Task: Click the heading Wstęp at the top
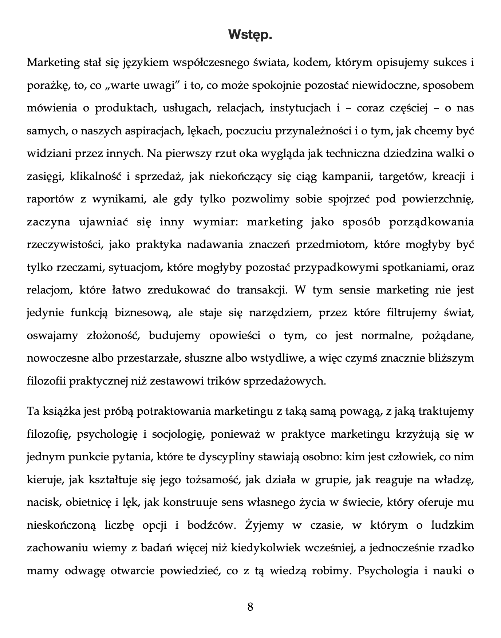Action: click(x=250, y=35)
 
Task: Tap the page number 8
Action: click(x=250, y=607)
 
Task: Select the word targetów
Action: click(x=400, y=177)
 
